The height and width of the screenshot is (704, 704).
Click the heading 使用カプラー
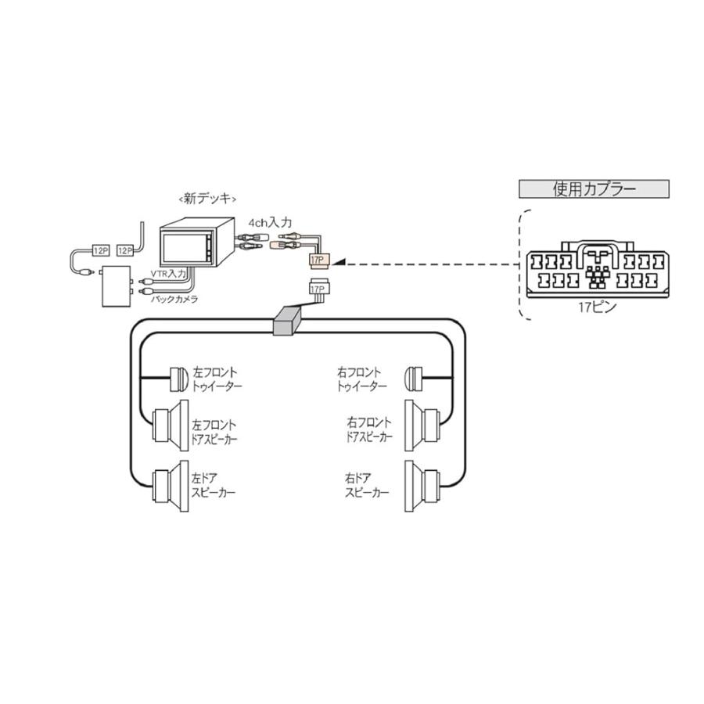point(594,189)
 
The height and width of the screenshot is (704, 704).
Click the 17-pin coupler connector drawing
point(597,271)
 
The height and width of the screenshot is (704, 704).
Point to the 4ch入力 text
point(270,223)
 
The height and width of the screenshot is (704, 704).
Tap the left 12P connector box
point(100,250)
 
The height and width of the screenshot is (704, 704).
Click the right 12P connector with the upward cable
point(125,250)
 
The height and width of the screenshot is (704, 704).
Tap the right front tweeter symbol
point(414,379)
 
